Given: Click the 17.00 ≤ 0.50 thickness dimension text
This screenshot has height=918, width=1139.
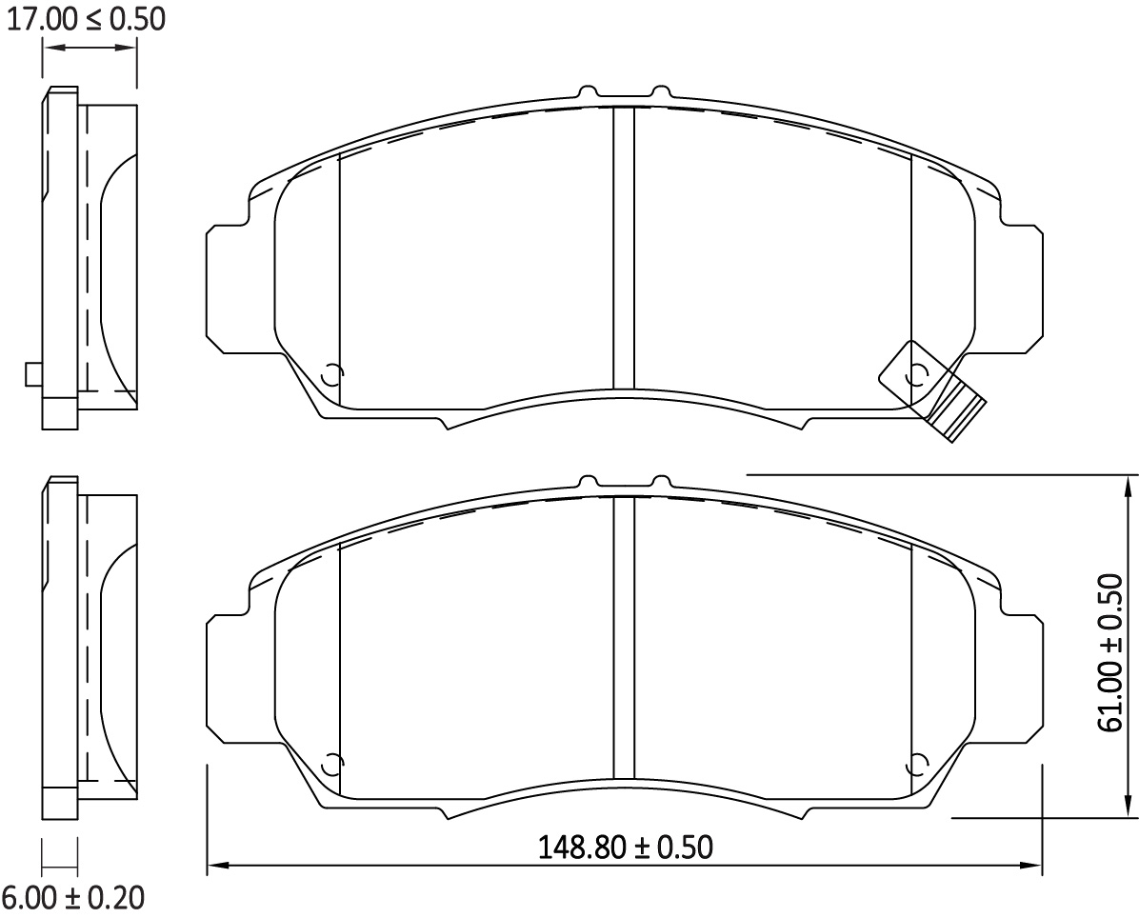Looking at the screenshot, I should [x=87, y=19].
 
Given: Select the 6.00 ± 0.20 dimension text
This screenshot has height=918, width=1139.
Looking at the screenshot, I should [x=73, y=897].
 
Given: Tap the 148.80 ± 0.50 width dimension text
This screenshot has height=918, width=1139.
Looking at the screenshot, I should [x=625, y=847].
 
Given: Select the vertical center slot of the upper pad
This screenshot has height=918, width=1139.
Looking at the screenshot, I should [x=624, y=248].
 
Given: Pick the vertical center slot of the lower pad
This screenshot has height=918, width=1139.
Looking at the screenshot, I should [x=624, y=636].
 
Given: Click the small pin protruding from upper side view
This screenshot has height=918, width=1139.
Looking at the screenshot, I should [x=33, y=374].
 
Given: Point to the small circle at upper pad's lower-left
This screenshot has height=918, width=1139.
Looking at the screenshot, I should [x=332, y=375].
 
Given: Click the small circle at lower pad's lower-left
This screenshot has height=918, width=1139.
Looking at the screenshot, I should [x=332, y=764].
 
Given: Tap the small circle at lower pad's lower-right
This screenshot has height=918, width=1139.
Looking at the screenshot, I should [x=917, y=764].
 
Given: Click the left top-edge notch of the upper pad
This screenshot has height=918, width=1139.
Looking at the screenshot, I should [x=589, y=91].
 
